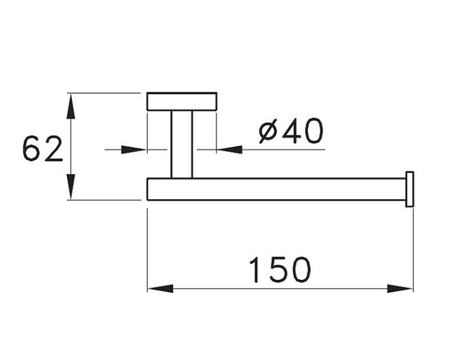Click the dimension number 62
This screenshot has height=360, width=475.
click(42, 149)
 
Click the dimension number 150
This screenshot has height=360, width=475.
click(280, 270)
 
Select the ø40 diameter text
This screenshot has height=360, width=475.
click(291, 132)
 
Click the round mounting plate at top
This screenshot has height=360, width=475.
click(182, 101)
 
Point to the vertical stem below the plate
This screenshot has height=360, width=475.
click(182, 144)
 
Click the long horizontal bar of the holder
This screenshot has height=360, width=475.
click(275, 189)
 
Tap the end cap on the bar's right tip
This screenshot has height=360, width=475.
click(409, 189)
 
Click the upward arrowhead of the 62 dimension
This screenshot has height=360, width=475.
click(71, 104)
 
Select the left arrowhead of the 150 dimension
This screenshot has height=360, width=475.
click(160, 289)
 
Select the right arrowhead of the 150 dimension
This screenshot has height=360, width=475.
click(400, 289)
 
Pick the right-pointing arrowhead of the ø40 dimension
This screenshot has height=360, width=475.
click(135, 149)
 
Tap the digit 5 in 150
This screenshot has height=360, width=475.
click(280, 270)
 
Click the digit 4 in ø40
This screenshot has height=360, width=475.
click(292, 132)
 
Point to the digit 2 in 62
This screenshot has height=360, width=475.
click(53, 149)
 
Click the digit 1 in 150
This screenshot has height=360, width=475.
click(254, 270)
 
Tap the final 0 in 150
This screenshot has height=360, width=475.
click(301, 270)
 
